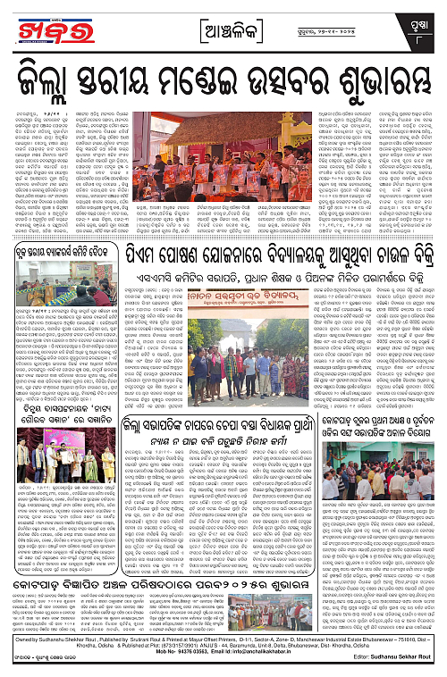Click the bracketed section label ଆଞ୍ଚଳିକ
pos(223,17)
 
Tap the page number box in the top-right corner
pos(426,17)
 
